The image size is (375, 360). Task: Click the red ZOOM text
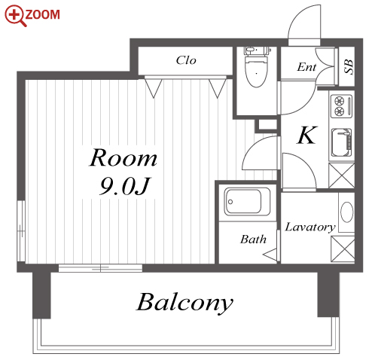pyautogui.click(x=43, y=14)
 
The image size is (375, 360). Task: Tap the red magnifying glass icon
pyautogui.click(x=15, y=16)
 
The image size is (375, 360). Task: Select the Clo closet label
pyautogui.click(x=186, y=60)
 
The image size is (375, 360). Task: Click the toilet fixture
pyautogui.click(x=257, y=67)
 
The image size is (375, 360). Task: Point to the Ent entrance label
pyautogui.click(x=306, y=67)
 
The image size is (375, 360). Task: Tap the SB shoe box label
pyautogui.click(x=349, y=66)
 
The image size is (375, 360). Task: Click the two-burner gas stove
pyautogui.click(x=341, y=106)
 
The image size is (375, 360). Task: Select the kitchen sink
pyautogui.click(x=341, y=142)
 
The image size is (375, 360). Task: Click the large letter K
pyautogui.click(x=307, y=135)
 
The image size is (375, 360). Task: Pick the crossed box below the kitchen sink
pyautogui.click(x=341, y=175)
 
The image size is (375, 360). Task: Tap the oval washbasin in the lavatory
pyautogui.click(x=347, y=212)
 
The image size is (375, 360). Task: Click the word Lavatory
pyautogui.click(x=310, y=227)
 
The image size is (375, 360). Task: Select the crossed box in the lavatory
pyautogui.click(x=343, y=249)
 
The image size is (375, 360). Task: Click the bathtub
pyautogui.click(x=247, y=202)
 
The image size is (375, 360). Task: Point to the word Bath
pyautogui.click(x=253, y=239)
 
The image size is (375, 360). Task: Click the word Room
pyautogui.click(x=123, y=157)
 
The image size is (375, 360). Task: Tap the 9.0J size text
pyautogui.click(x=125, y=186)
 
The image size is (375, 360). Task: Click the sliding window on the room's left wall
pyautogui.click(x=21, y=231)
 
